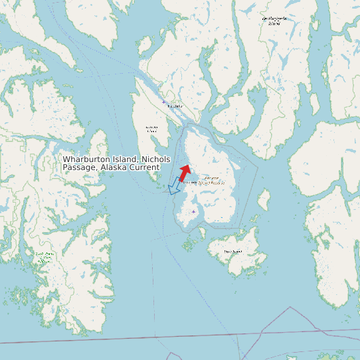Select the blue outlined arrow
coord(175,186)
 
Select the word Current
coord(145,167)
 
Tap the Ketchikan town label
coord(175,106)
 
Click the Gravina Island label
coord(152,129)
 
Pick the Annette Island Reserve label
coord(204,180)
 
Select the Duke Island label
coord(232,252)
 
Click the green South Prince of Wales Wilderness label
coord(44,257)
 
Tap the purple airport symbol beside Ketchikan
coord(163,102)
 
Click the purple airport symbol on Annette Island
coord(193,212)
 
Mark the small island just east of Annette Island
coord(264,199)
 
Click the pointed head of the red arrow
coord(188,166)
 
